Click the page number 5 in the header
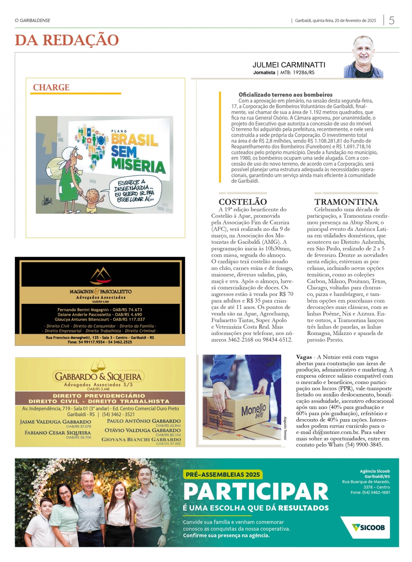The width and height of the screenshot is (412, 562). (x=391, y=20)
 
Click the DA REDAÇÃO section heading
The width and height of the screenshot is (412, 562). (x=67, y=40)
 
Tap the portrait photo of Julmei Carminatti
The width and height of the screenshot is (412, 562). (x=363, y=57)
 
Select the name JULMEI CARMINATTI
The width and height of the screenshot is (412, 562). (x=289, y=65)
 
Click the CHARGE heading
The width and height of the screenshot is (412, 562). (x=51, y=88)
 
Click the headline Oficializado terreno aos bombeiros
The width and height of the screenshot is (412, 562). (x=285, y=95)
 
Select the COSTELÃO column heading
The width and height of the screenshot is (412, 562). (x=243, y=202)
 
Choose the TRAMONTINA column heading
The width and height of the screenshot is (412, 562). (x=346, y=202)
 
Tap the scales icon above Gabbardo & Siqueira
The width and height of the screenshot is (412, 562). (x=98, y=366)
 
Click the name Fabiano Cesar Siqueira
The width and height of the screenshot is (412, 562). (x=58, y=433)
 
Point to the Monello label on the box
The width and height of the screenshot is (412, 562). (x=254, y=410)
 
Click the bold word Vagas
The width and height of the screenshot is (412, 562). (x=304, y=357)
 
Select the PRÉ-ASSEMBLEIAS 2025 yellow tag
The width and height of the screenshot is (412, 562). (x=222, y=474)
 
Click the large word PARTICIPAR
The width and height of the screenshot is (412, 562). (x=256, y=492)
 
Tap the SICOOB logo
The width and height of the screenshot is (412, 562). (x=368, y=527)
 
